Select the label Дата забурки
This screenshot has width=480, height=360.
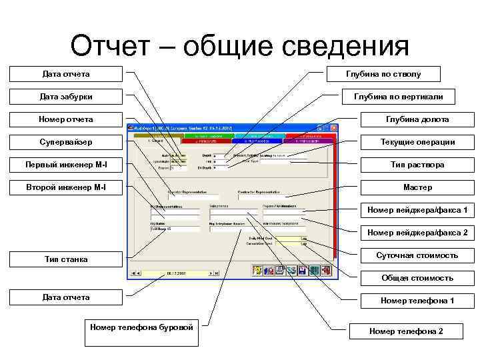click(x=66, y=97)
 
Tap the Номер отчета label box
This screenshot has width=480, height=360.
click(x=66, y=119)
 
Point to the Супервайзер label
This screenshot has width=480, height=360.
click(x=66, y=142)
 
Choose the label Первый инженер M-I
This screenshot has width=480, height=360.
click(x=66, y=165)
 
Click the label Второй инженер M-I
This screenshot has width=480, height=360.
click(x=66, y=187)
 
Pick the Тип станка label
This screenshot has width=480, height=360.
click(x=66, y=259)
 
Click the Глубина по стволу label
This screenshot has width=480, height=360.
click(x=383, y=74)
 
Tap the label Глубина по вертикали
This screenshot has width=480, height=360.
click(x=398, y=97)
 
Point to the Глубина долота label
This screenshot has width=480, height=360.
click(x=417, y=119)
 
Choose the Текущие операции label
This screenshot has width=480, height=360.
click(x=417, y=142)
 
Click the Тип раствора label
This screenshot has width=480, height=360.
click(x=417, y=165)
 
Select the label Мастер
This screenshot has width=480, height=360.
click(x=417, y=187)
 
